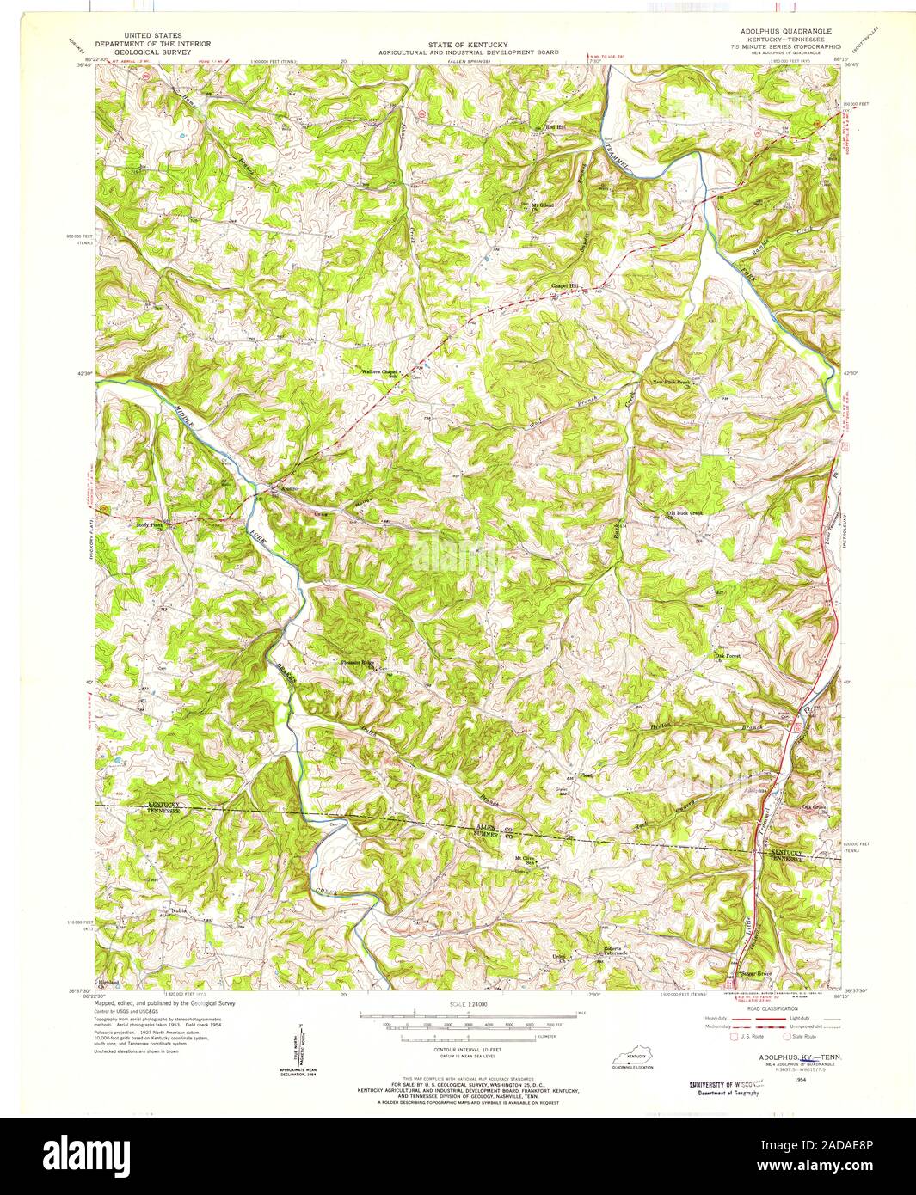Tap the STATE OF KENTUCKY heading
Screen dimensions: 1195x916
point(470,45)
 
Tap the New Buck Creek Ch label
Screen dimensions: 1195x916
point(672,383)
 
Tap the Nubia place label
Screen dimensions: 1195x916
point(177,910)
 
